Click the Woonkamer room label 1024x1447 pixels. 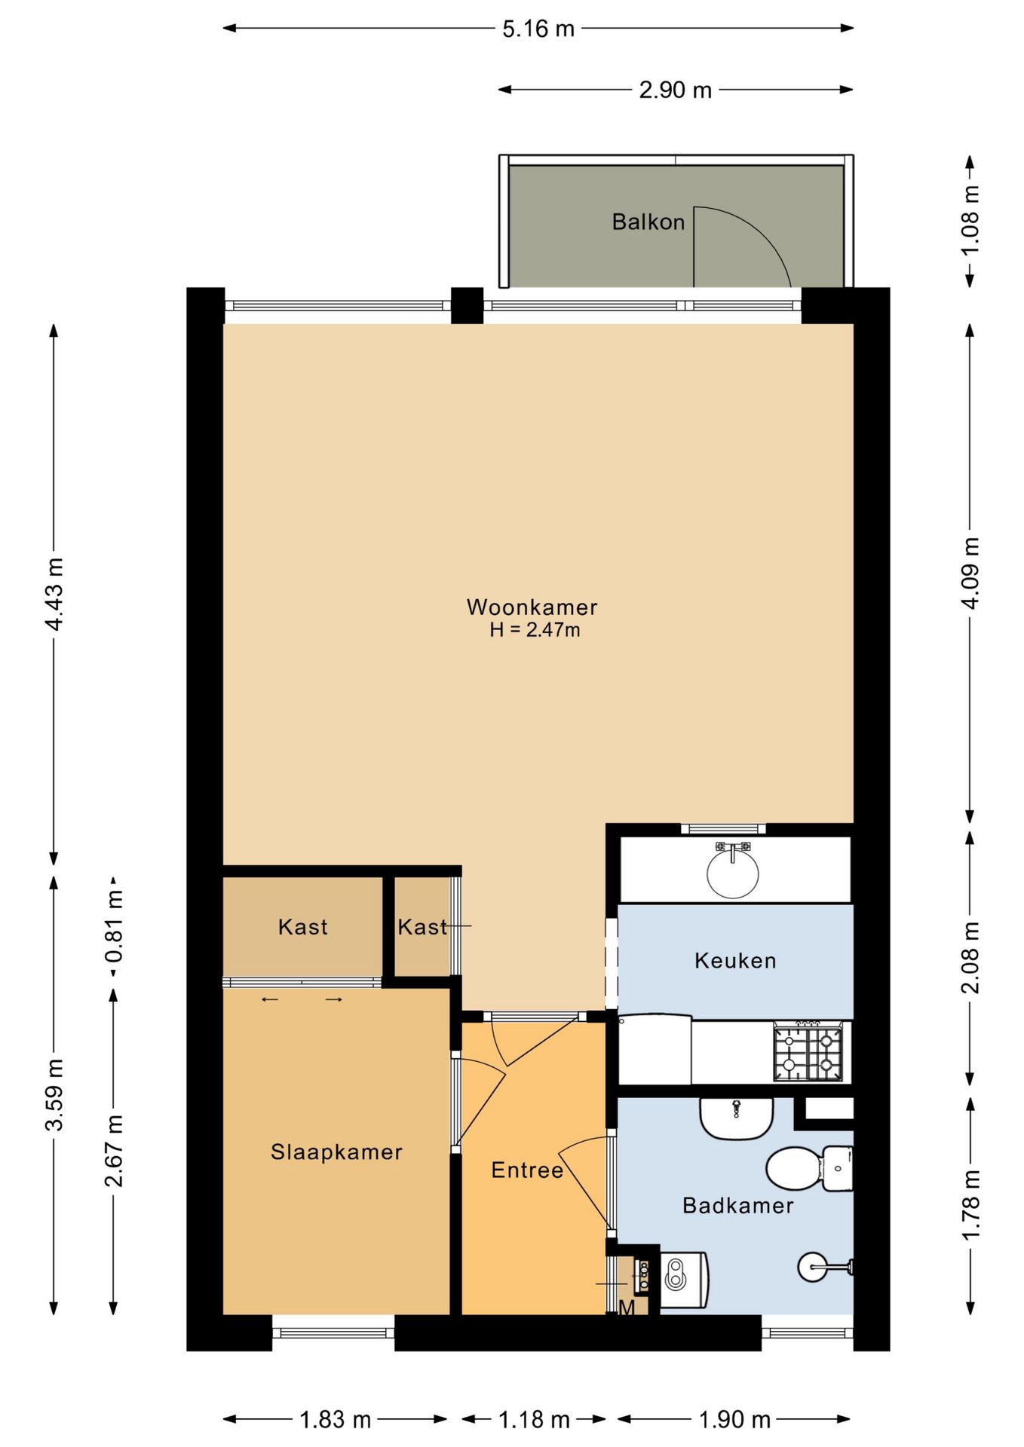click(x=532, y=607)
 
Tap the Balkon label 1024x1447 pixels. click(x=648, y=222)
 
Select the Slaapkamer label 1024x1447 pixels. click(x=336, y=1152)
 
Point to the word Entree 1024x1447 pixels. click(x=527, y=1170)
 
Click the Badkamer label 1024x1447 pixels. click(x=737, y=1205)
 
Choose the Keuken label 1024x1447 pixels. click(x=735, y=960)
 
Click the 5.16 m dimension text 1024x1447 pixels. click(x=538, y=29)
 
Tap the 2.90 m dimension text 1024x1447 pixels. click(x=676, y=90)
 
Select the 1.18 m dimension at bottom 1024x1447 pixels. click(x=534, y=1420)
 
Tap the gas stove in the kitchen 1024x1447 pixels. click(x=808, y=1053)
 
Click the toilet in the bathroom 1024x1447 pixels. click(x=809, y=1169)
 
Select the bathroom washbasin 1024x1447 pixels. click(x=737, y=1118)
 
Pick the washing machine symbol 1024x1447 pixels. click(x=684, y=1280)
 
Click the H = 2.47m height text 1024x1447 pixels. click(x=535, y=630)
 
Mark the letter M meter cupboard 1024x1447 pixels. click(x=627, y=1308)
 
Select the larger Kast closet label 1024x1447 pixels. click(x=303, y=926)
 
